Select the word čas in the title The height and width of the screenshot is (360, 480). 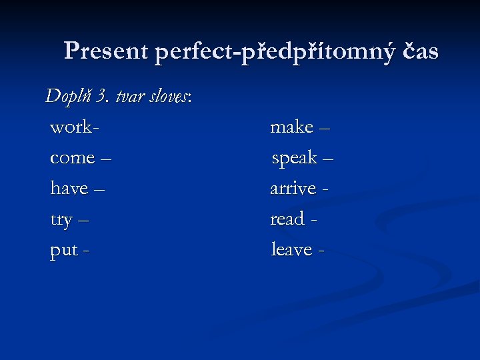point(420,51)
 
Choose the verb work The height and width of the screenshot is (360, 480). point(71,127)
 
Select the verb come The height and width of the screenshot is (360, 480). point(73,158)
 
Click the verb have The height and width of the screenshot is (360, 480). point(69,189)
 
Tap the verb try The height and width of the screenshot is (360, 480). point(61,220)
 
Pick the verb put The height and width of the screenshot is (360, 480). point(63,251)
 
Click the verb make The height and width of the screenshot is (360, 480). point(291,127)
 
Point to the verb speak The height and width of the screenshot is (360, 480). point(294,158)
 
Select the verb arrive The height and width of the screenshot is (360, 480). point(293,189)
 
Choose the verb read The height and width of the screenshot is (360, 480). point(287,219)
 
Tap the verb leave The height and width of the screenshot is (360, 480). point(291,249)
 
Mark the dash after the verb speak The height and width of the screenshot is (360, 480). point(327,159)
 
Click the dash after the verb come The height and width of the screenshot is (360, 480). point(107,159)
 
